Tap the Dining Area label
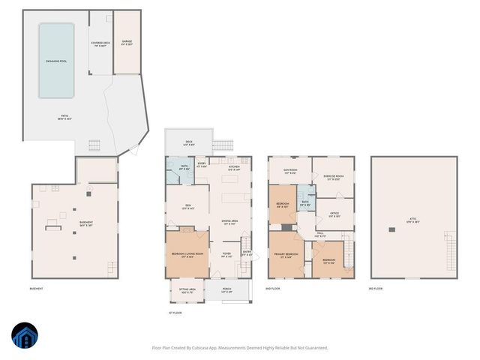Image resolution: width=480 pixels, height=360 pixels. click(230, 221)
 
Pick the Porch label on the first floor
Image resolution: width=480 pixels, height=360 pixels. click(227, 291)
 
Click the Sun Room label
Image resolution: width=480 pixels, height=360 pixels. click(290, 171)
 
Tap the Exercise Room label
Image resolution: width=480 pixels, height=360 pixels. click(333, 178)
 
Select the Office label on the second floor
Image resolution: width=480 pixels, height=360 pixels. click(334, 214)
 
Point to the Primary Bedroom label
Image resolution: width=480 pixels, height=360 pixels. click(287, 256)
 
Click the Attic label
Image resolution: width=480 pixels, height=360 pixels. click(413, 222)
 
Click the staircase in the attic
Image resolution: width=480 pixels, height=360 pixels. click(450, 255)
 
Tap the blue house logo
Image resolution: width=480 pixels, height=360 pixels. click(23, 337)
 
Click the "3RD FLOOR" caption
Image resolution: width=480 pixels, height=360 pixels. click(376, 289)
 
